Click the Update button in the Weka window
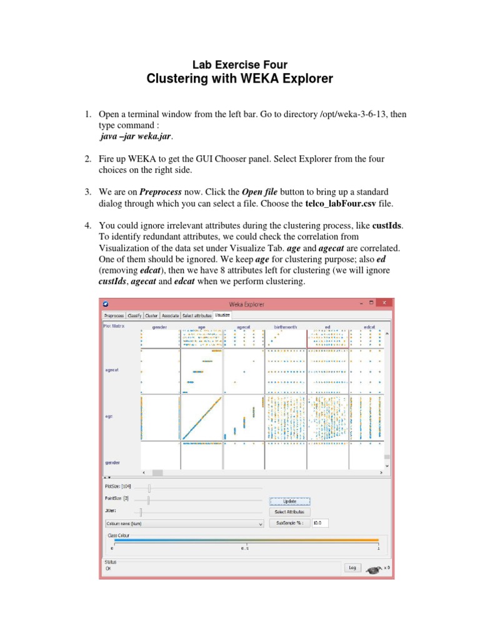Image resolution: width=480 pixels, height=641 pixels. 289,501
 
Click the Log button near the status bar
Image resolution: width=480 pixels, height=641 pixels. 352,567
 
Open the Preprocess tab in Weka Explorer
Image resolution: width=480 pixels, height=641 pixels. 114,316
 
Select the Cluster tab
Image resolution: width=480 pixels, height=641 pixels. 152,316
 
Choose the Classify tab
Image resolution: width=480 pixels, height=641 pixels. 135,316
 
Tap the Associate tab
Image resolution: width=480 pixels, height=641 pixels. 170,316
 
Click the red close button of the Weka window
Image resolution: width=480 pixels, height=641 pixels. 384,304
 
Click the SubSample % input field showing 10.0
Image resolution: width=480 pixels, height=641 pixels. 319,523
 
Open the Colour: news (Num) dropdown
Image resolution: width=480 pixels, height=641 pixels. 184,523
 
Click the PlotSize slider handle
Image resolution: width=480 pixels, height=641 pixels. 149,487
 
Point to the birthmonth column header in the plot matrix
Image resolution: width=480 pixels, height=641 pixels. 285,327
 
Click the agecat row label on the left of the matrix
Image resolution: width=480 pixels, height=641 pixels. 111,370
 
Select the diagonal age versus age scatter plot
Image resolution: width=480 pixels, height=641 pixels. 201,418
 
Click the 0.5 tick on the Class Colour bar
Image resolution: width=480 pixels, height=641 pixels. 246,548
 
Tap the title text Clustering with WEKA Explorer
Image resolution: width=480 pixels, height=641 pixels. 239,79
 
